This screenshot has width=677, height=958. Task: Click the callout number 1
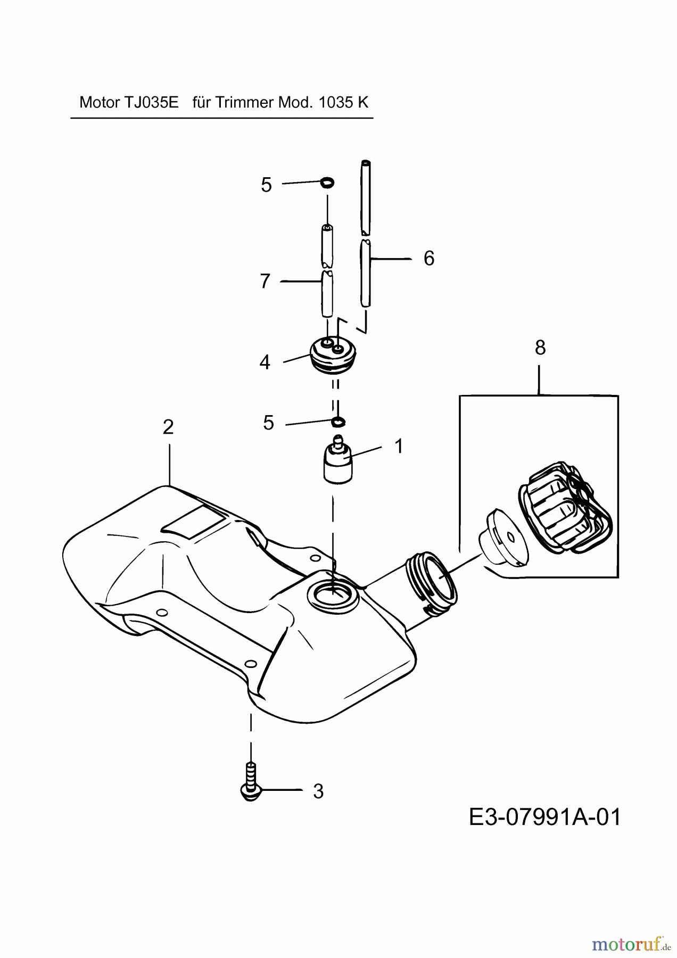[399, 446]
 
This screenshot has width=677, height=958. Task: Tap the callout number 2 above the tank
[168, 427]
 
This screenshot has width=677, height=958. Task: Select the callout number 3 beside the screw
[318, 791]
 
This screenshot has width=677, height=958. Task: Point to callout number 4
[265, 362]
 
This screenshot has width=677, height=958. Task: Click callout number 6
[429, 258]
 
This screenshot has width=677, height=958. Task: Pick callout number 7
[265, 281]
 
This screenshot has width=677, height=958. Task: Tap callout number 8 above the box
[540, 348]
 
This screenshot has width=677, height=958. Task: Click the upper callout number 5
[266, 185]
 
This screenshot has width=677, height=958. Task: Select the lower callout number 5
[268, 423]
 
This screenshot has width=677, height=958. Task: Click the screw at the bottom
[251, 781]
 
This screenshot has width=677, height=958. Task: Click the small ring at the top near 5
[328, 183]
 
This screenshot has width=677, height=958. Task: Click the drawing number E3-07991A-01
[544, 817]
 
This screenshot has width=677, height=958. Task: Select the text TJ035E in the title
[151, 102]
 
